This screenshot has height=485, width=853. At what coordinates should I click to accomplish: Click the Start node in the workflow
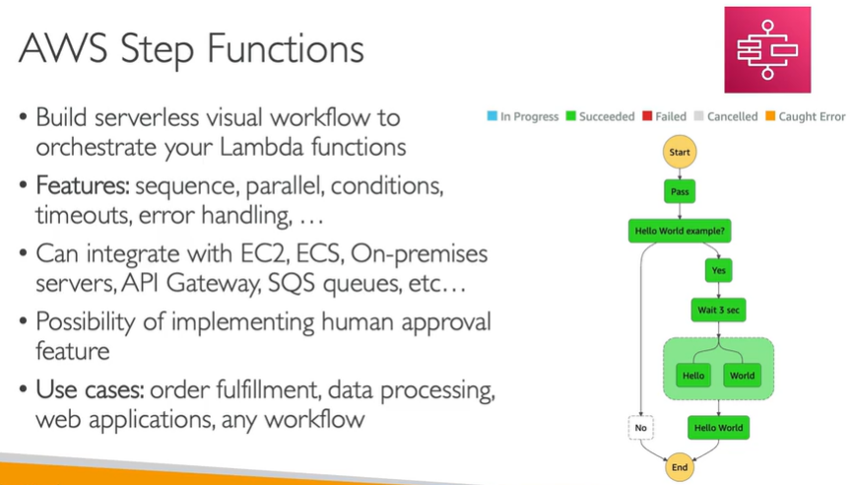679,153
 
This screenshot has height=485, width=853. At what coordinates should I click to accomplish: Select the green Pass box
679,190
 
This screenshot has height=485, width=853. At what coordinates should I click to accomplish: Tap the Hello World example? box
679,231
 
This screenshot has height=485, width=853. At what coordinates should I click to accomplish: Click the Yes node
718,270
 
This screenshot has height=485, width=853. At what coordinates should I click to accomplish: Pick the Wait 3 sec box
718,311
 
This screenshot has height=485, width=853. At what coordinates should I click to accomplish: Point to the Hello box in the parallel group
693,376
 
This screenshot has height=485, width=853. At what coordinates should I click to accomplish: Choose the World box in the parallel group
742,376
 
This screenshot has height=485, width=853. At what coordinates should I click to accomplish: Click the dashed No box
641,428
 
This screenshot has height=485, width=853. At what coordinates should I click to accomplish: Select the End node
679,467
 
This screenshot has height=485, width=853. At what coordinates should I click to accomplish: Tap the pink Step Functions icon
767,49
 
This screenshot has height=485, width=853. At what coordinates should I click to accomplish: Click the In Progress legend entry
523,116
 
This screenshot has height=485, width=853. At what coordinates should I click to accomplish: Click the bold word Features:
83,184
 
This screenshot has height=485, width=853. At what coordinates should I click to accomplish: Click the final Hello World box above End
718,428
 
